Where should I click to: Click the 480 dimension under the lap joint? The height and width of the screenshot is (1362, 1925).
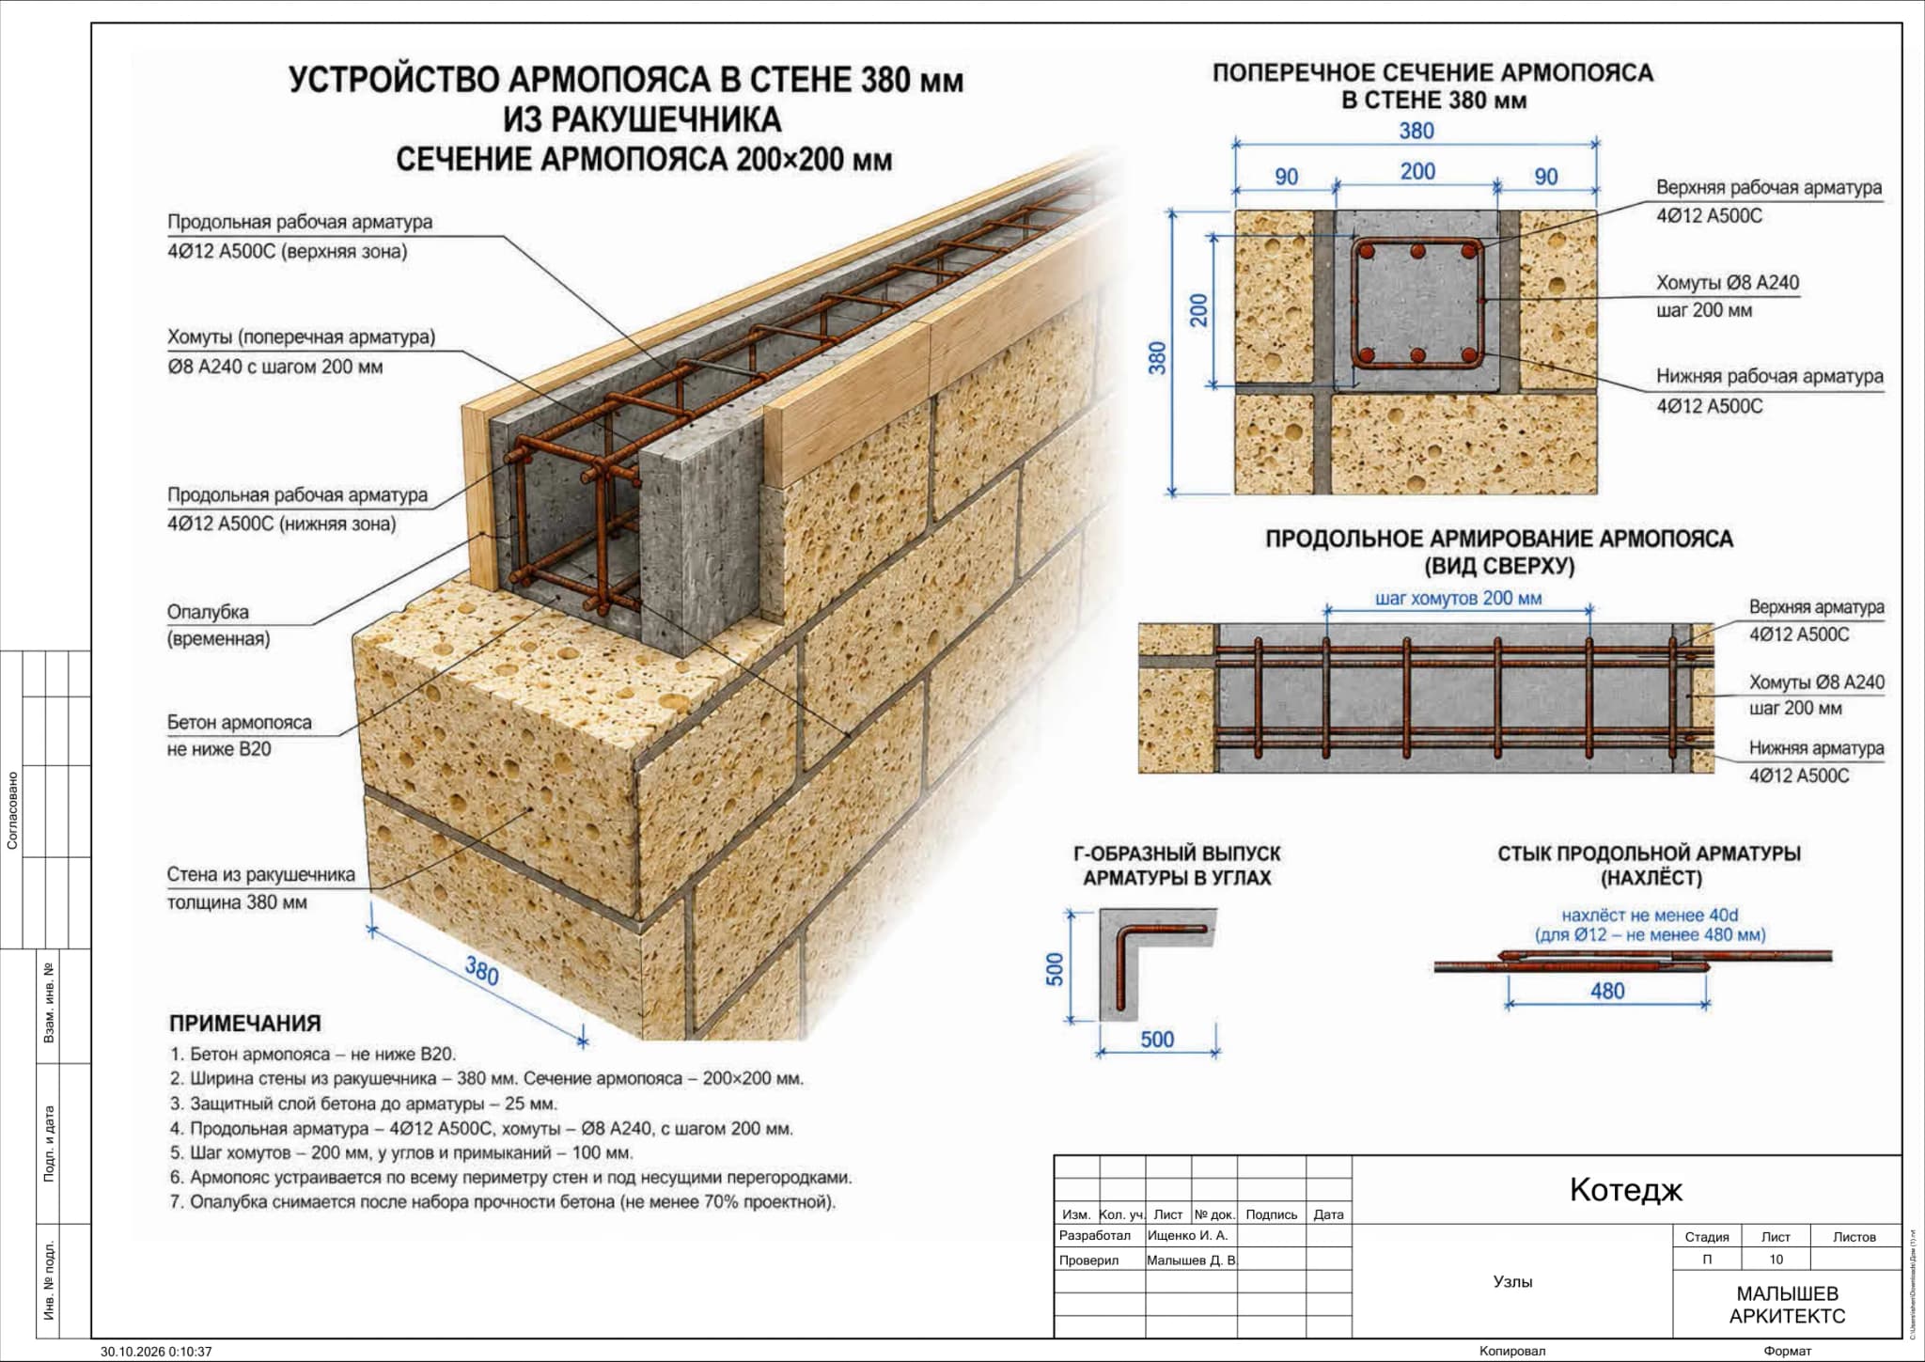point(1607,991)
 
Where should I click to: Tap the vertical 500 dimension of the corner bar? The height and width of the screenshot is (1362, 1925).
point(1055,969)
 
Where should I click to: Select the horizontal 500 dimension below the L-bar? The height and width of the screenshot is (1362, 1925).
point(1157,1039)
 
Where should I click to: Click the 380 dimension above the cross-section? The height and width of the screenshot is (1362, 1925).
point(1416,131)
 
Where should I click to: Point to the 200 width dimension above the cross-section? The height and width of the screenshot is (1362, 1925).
point(1417,171)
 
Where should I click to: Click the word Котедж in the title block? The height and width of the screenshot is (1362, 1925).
point(1626,1190)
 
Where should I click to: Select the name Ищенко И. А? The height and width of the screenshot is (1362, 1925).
point(1187,1235)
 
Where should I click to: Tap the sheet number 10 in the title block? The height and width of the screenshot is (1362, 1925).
point(1776,1260)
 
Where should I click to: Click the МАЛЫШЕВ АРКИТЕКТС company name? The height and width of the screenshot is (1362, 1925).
point(1787,1306)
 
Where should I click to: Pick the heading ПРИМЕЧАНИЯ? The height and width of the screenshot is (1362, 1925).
point(245,1024)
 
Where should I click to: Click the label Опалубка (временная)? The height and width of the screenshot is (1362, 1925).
point(218,625)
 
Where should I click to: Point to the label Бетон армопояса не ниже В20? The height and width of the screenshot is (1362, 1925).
point(239,736)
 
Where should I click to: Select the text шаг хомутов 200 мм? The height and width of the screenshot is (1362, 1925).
point(1458,598)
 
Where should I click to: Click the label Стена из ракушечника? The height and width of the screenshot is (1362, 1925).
point(261,875)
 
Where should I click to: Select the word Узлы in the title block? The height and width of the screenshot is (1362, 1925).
point(1512,1281)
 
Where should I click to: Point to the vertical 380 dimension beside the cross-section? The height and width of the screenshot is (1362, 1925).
point(1157,357)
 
